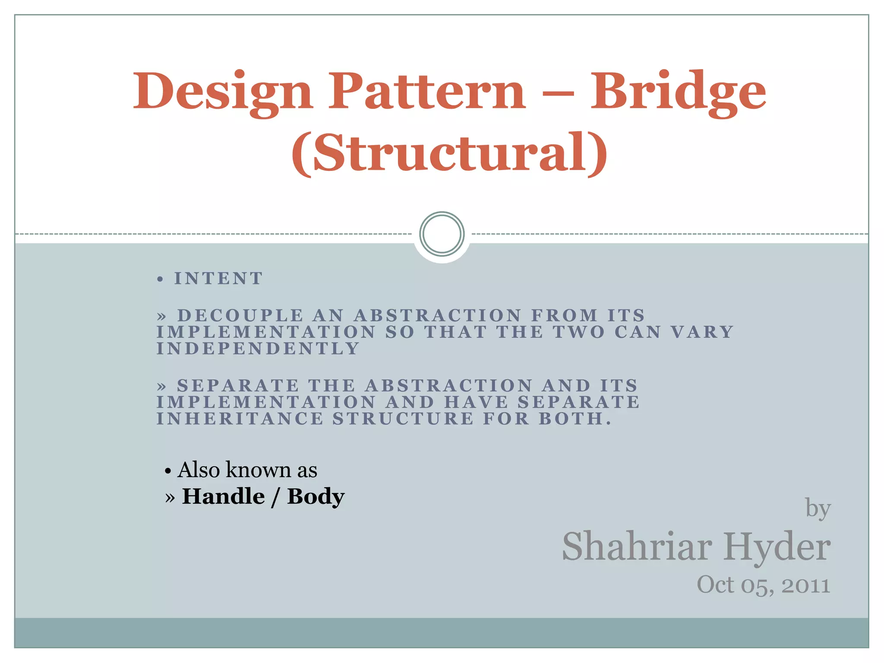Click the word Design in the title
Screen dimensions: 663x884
tap(222, 92)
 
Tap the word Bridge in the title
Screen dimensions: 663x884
tap(678, 92)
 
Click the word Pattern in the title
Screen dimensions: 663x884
tap(427, 91)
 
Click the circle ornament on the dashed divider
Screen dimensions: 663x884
tap(442, 234)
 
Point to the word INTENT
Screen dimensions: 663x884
tap(218, 279)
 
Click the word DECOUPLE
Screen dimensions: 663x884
tap(240, 316)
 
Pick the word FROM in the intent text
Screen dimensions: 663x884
tap(565, 316)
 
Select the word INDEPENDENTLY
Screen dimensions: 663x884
tap(258, 348)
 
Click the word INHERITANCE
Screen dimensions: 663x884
tap(240, 419)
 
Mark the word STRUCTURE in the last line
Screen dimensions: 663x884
tap(403, 419)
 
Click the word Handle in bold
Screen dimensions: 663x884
tap(224, 496)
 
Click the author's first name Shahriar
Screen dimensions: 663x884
tap(637, 547)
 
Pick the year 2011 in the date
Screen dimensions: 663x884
tap(805, 586)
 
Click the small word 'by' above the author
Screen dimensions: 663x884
tap(818, 508)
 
